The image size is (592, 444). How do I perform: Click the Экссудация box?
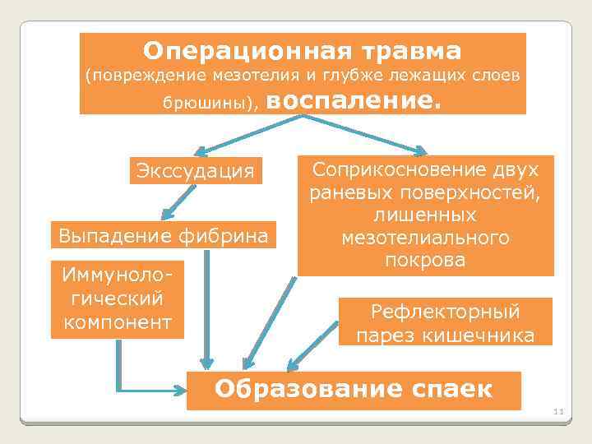pos(196,171)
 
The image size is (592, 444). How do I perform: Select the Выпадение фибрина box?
pos(163,236)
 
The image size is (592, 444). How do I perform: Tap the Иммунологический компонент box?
pos(117,299)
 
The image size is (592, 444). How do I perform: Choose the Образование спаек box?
pos(354,390)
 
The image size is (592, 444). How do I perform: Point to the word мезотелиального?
pos(425,238)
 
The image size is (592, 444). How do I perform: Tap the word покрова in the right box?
pos(425,260)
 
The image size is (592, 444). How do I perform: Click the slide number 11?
pos(558,411)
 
